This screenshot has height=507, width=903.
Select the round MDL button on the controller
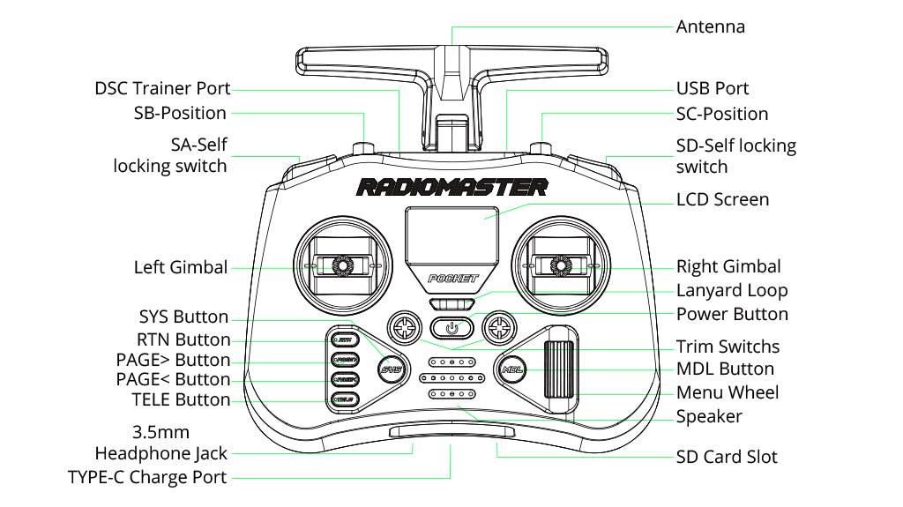click(511, 369)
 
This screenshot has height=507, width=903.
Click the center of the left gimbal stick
click(340, 265)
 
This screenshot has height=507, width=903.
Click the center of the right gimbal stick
click(560, 265)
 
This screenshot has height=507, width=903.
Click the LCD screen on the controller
click(451, 231)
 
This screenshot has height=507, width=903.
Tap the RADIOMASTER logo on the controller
click(451, 187)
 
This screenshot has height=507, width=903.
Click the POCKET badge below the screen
click(451, 279)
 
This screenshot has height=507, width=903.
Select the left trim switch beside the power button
click(404, 327)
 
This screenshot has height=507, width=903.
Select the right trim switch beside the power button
click(499, 327)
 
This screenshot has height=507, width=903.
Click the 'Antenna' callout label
click(710, 26)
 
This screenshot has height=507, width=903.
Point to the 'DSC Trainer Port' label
click(162, 89)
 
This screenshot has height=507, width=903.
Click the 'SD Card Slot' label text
click(727, 457)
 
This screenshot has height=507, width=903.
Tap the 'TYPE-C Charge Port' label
click(147, 477)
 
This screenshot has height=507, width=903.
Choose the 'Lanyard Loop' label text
click(731, 290)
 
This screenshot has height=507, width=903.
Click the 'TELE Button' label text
click(180, 400)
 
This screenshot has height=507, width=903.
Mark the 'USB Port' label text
click(712, 88)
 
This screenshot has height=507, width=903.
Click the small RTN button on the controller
click(343, 339)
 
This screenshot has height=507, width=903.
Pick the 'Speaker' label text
click(709, 416)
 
